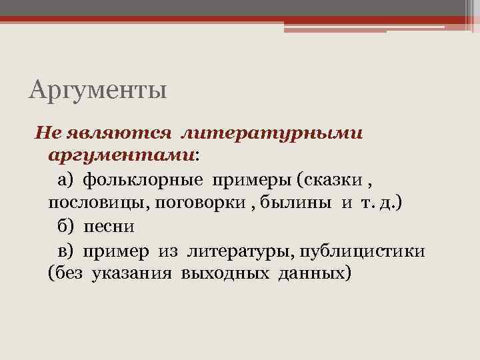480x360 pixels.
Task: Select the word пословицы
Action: (98, 203)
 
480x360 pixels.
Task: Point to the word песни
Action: (109, 226)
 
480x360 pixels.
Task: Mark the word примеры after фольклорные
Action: (252, 180)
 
